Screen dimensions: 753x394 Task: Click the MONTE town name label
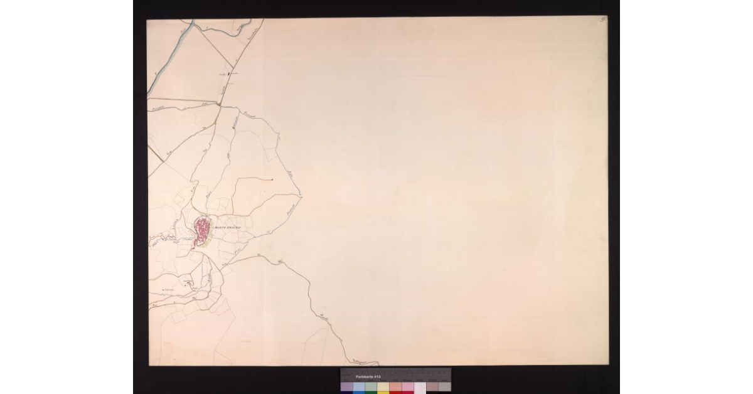pyautogui.click(x=222, y=227)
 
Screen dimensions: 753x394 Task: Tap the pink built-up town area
pyautogui.click(x=202, y=230)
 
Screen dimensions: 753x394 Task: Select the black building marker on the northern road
pyautogui.click(x=229, y=74)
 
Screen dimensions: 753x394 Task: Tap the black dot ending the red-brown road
pyautogui.click(x=272, y=179)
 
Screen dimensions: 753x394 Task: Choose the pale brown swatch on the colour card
pyautogui.click(x=432, y=386)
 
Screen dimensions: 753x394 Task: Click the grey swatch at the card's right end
pyautogui.click(x=445, y=386)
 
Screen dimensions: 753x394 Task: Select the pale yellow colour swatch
pyautogui.click(x=383, y=386)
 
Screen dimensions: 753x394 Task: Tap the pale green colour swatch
pyautogui.click(x=371, y=386)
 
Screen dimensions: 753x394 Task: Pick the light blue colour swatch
pyautogui.click(x=359, y=386)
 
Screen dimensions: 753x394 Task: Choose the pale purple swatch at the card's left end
pyautogui.click(x=347, y=386)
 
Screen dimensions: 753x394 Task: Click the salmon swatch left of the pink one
pyautogui.click(x=395, y=386)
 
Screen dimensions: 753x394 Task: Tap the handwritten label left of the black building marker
pyautogui.click(x=222, y=74)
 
